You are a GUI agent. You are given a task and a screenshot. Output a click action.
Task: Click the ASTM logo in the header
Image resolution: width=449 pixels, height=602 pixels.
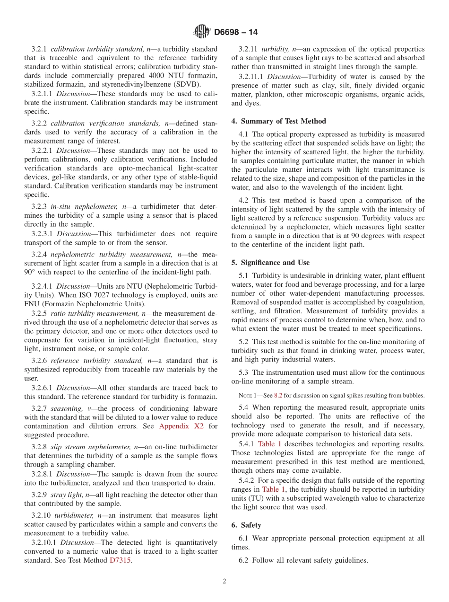pyautogui.click(x=202, y=32)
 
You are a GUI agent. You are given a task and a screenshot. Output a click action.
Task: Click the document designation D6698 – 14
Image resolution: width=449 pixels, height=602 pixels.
pyautogui.click(x=236, y=32)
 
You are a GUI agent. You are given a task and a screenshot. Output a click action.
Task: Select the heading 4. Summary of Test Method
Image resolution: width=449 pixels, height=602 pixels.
pyautogui.click(x=278, y=121)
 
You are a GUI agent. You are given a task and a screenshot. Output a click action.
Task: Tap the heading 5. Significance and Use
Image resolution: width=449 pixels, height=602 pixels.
pyautogui.click(x=270, y=262)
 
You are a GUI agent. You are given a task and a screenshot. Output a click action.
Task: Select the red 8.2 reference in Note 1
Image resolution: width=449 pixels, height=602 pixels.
pyautogui.click(x=278, y=395)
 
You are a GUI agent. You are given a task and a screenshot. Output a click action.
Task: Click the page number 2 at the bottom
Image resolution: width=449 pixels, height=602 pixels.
pyautogui.click(x=224, y=582)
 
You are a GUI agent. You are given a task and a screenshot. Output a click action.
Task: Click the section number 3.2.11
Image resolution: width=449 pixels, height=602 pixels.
pyautogui.click(x=248, y=49)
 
